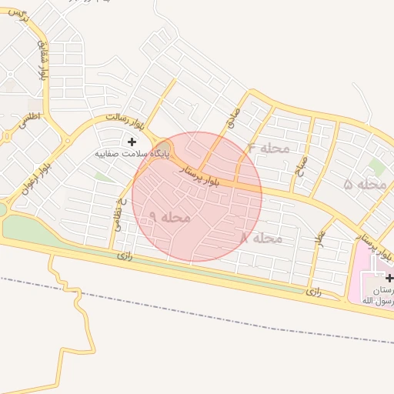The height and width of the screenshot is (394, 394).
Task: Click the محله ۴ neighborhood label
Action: (269, 148)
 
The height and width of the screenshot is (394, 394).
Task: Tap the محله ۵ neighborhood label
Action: (365, 185)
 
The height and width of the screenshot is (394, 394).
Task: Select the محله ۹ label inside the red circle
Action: (169, 218)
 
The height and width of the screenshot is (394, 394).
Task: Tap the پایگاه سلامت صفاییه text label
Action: (132, 154)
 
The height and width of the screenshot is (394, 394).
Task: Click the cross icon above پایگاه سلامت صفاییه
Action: (132, 142)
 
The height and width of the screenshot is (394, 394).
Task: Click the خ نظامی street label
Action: (121, 211)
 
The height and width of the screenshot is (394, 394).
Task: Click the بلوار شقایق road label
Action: (45, 60)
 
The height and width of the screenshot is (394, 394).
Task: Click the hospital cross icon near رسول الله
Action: (389, 278)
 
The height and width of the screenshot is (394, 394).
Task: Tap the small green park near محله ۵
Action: (376, 166)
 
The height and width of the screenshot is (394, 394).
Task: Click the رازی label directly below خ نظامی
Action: (125, 255)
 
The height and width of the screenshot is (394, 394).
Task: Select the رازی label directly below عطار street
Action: (312, 292)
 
